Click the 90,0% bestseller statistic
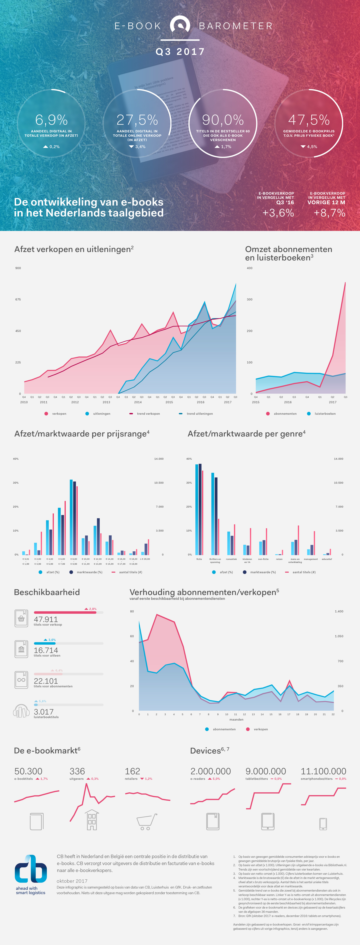223,120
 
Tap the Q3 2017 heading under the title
180,52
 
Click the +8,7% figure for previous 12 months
329,213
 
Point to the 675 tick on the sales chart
18,299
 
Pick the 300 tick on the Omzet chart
250,299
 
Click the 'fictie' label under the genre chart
199,559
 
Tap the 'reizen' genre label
279,559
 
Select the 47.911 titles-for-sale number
46,619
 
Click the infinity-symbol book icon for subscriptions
21,680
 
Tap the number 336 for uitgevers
77,771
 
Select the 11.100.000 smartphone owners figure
323,771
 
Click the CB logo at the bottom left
31,869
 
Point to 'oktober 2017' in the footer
72,881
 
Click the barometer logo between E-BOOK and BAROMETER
180,26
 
